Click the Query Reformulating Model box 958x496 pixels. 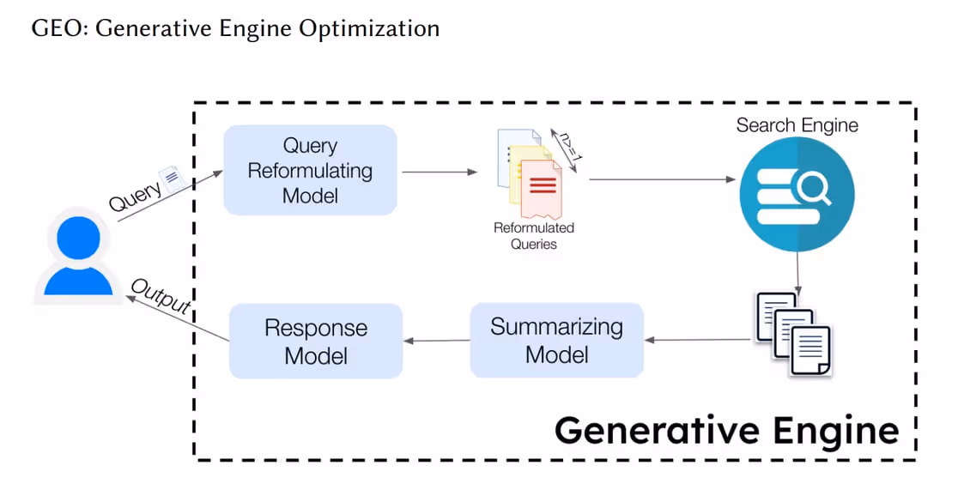[311, 171]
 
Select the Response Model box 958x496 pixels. [316, 342]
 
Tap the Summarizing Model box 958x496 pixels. [556, 340]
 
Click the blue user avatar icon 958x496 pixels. [78, 256]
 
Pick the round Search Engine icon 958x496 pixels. [797, 194]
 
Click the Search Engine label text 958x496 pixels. [797, 125]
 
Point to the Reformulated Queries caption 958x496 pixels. [534, 236]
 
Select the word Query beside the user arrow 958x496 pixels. [135, 196]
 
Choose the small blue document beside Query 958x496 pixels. [173, 178]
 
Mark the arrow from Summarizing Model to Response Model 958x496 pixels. [436, 341]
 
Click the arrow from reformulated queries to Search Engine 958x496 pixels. [663, 179]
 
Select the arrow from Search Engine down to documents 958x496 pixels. [798, 273]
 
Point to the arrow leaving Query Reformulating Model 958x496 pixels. [440, 172]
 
